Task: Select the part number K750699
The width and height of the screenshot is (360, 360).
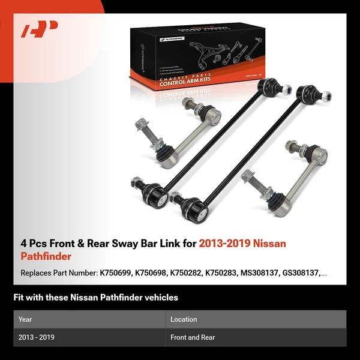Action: [117, 273]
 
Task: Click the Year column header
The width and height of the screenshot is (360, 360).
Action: [25, 319]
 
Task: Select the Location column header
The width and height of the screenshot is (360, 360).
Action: [184, 319]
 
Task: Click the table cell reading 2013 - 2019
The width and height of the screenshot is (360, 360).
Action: [37, 337]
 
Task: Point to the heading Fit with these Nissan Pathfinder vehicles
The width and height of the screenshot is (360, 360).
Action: [96, 297]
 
